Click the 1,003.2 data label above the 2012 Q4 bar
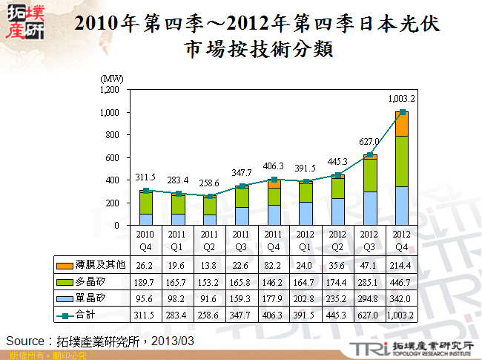click(401, 99)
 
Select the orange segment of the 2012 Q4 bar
click(401, 124)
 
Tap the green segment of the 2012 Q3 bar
click(369, 175)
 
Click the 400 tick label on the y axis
click(113, 180)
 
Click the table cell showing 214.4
click(401, 265)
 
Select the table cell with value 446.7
click(401, 282)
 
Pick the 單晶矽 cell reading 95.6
click(146, 298)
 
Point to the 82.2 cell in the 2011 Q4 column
click(274, 265)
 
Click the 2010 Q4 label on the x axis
click(146, 240)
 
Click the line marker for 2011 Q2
click(210, 196)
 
